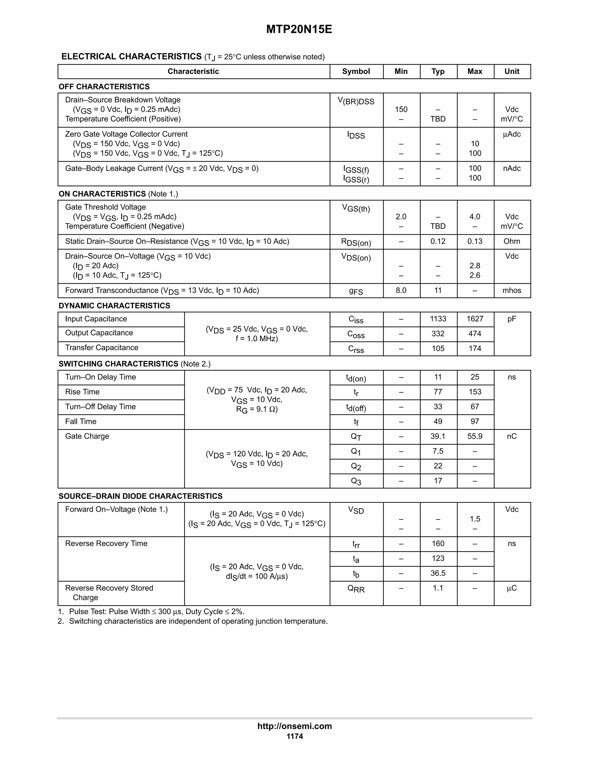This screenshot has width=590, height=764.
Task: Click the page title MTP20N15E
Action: point(299,29)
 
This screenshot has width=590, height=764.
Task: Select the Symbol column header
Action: point(356,71)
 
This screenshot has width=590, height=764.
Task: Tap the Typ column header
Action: point(438,71)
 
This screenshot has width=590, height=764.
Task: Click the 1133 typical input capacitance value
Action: point(438,319)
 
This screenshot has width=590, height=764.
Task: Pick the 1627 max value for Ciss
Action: point(475,319)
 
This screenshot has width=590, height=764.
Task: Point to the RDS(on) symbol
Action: point(356,242)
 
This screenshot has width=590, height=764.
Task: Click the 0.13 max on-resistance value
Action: point(475,241)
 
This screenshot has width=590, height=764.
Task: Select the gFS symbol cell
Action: point(356,291)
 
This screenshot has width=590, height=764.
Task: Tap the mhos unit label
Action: point(512,290)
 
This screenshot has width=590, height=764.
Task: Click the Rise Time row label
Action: point(82,392)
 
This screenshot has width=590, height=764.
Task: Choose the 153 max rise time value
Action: point(475,392)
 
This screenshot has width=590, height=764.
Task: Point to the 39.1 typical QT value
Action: point(438,436)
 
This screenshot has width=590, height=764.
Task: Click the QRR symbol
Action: point(356,589)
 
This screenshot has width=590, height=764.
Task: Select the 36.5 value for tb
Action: point(438,573)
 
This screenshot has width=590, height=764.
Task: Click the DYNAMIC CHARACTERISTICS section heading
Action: point(114,306)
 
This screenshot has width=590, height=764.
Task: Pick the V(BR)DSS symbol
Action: point(356,101)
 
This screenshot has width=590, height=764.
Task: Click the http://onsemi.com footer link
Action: point(295,726)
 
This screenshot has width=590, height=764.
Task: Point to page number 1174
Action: point(295,736)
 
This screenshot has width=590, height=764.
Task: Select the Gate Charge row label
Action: point(87,436)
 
